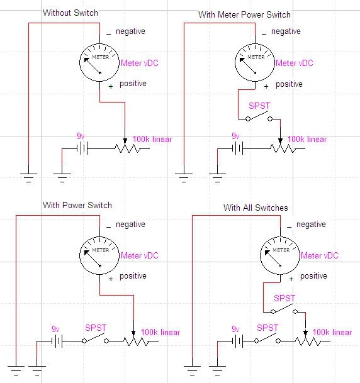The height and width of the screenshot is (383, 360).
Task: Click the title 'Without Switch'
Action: pos(70,13)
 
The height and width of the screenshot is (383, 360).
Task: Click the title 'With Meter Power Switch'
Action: pos(244,14)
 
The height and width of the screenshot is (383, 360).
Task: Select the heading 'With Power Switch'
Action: pos(77,205)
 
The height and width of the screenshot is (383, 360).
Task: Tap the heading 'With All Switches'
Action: pos(256,208)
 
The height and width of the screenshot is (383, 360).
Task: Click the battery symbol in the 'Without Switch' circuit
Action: pos(82,148)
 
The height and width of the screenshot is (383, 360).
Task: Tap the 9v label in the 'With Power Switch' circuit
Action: pos(55,329)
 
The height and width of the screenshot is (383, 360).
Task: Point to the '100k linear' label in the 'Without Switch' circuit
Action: pos(152,139)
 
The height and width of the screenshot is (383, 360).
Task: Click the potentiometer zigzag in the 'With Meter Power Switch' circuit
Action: pos(283,148)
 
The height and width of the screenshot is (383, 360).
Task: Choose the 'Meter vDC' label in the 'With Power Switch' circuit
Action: pos(140,255)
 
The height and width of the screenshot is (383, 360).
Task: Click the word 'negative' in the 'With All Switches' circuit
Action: pos(311,225)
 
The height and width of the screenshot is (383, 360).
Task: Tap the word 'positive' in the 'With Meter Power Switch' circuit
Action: pos(289,84)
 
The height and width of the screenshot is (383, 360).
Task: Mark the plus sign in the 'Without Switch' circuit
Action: pos(111,86)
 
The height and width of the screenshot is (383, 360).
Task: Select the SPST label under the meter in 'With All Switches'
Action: pos(284,298)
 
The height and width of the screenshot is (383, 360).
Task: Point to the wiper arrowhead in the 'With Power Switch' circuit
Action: pos(133,333)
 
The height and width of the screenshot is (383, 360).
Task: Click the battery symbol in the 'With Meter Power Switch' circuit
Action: pos(237,148)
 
